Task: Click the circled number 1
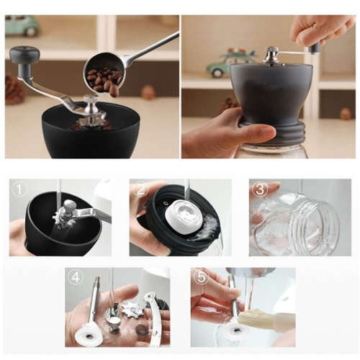pos(19,191)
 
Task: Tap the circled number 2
pos(141,191)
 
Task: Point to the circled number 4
pos(76,278)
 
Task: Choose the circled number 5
pos(201,278)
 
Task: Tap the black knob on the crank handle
pos(24,55)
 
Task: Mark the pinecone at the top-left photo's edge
pos(13,89)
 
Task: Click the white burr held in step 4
pos(89,333)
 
